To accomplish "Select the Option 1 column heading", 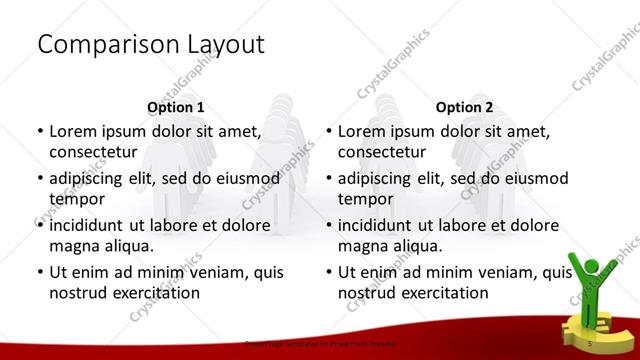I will pos(175,107).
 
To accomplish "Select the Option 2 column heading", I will pos(465,107).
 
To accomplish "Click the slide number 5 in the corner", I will pos(592,344).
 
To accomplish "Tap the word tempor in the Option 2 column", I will pos(363,199).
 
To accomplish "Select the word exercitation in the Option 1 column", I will pos(156,293).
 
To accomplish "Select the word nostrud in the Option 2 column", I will pos(369,293).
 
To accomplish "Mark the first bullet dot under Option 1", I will pos(39,131).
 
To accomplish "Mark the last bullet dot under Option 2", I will pos(328,272).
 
